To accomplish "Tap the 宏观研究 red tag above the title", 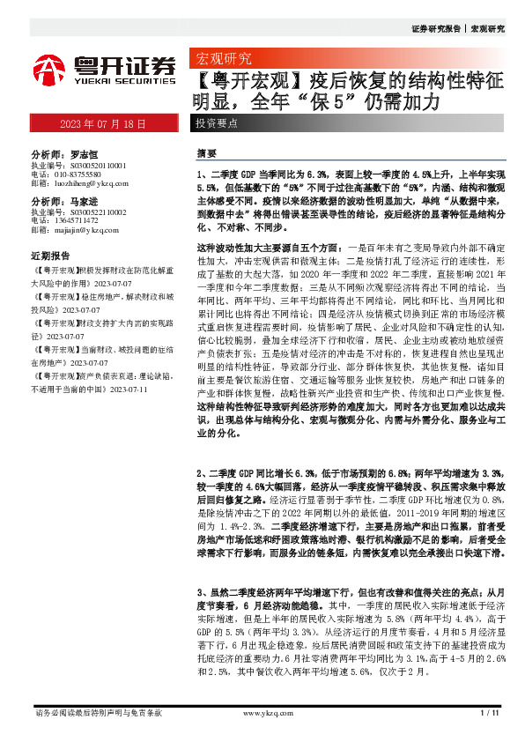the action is click(x=221, y=59).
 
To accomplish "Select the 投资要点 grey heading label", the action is click(x=217, y=124).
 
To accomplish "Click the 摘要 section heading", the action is click(x=206, y=152).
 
